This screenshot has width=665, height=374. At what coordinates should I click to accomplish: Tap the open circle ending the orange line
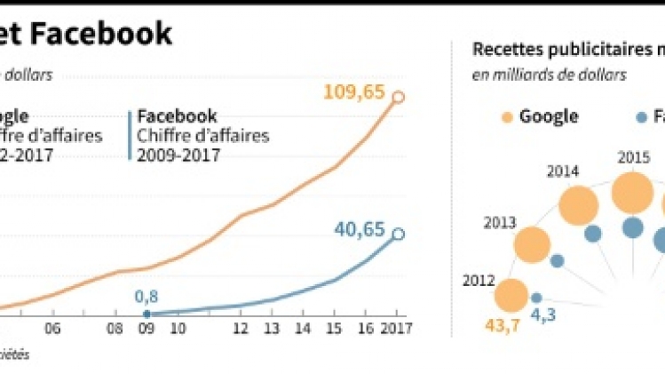click(x=397, y=97)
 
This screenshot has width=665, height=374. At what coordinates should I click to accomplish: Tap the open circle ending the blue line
click(x=397, y=235)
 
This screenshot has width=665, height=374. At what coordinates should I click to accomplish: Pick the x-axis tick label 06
click(x=52, y=328)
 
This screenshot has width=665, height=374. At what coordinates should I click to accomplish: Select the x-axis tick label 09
click(x=146, y=328)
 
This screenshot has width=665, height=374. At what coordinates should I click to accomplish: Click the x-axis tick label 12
click(x=241, y=328)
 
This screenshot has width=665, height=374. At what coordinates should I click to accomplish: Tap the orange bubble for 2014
click(x=578, y=206)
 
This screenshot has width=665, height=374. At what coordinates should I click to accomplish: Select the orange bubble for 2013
click(x=533, y=245)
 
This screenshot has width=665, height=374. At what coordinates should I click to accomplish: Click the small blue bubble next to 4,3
click(x=536, y=298)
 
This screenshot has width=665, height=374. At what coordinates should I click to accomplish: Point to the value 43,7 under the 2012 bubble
click(x=502, y=326)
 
